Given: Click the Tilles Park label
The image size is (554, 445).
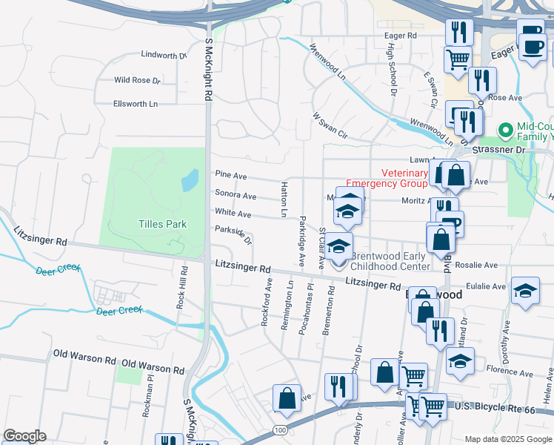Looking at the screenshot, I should (x=162, y=224).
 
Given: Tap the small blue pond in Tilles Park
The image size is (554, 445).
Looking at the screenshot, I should (x=190, y=179).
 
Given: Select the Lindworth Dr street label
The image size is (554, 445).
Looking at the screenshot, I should (x=164, y=56).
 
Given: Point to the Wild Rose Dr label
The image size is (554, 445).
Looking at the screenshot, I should (x=137, y=80).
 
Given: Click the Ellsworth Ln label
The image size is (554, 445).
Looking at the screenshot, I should (x=136, y=104).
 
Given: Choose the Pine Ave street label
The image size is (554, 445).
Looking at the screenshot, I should (x=230, y=174).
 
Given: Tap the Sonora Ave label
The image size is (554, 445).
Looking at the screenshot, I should (x=236, y=196).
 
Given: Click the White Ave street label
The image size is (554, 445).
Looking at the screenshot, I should (x=233, y=214).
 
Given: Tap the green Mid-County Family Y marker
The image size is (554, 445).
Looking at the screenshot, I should (x=506, y=131).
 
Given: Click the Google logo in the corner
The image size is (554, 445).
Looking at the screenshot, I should (x=24, y=436).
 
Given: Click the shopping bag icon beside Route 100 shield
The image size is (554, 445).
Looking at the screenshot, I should (x=287, y=398).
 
